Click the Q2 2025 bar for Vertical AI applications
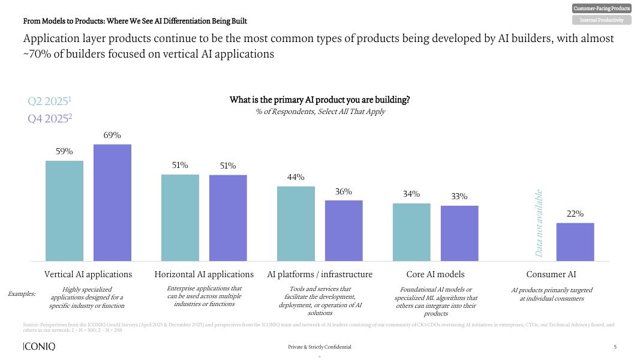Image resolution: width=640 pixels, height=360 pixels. click(65, 211)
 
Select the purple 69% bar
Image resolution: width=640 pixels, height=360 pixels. click(112, 203)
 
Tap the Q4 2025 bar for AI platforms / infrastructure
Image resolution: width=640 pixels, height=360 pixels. click(344, 230)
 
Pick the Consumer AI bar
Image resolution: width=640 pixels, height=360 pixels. click(575, 242)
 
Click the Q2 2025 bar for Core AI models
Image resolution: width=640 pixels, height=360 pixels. click(411, 232)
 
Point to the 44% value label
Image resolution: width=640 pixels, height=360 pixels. click(296, 177)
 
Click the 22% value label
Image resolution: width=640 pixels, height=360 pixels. click(575, 214)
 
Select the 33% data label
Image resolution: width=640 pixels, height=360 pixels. click(459, 196)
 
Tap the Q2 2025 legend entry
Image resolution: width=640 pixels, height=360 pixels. click(50, 101)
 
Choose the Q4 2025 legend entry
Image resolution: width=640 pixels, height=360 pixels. click(50, 118)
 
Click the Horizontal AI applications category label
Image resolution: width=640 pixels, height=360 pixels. click(204, 274)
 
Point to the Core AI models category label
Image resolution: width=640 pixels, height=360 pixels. click(435, 274)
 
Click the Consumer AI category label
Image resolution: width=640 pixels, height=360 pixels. click(551, 274)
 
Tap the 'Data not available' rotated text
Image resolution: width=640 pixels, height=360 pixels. click(539, 223)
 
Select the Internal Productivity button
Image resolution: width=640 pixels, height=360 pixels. click(602, 20)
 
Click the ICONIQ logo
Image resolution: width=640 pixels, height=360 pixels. click(39, 347)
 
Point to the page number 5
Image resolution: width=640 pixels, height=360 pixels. click(615, 347)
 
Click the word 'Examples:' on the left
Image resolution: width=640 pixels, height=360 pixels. click(22, 294)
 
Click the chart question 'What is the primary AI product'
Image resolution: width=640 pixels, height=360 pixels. click(320, 100)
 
